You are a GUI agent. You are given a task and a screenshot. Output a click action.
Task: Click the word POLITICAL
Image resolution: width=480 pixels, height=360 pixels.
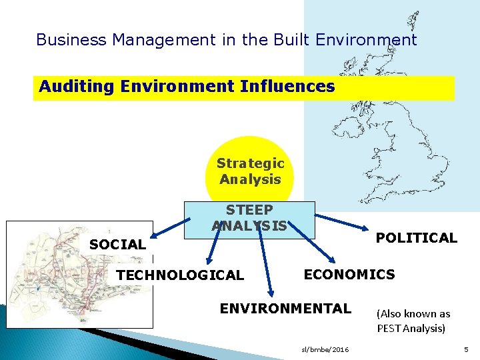(x=416, y=238)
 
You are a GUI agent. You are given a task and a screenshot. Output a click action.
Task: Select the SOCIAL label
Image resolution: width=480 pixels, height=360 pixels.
(x=117, y=245)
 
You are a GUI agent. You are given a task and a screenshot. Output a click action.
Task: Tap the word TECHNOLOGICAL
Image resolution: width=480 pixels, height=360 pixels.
(x=180, y=275)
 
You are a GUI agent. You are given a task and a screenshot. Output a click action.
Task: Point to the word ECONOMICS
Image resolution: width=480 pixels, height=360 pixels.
(x=349, y=274)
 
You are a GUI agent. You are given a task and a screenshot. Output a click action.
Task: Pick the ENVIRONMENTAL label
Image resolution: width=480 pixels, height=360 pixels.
(x=285, y=308)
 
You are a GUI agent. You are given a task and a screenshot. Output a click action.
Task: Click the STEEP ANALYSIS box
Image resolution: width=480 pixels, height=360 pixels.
(x=249, y=219)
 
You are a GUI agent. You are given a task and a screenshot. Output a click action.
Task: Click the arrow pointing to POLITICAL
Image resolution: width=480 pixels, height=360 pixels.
(x=343, y=223)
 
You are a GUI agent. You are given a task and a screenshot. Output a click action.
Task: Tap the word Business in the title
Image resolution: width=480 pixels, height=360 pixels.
(x=71, y=40)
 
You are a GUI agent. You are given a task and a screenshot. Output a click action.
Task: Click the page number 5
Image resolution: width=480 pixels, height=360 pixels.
(x=466, y=349)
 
